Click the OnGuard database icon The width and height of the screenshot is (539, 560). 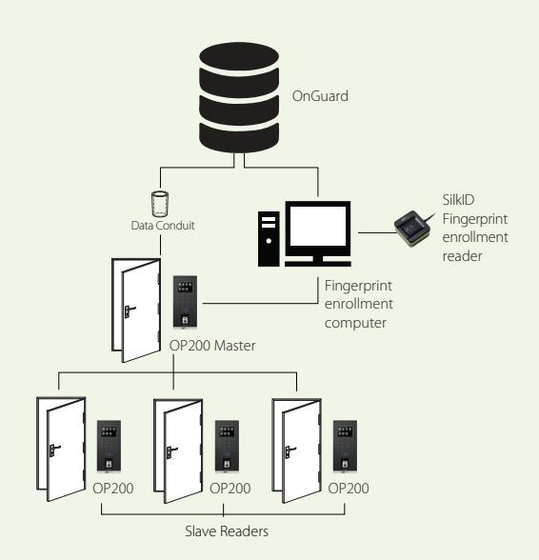click(x=239, y=97)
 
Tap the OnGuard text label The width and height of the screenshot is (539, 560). click(x=320, y=96)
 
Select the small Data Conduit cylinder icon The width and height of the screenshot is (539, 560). click(x=160, y=204)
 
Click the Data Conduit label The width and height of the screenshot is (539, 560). click(x=163, y=226)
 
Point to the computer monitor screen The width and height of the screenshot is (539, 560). click(x=317, y=226)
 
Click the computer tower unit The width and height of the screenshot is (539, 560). click(x=269, y=238)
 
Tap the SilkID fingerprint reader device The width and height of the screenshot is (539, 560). click(x=412, y=229)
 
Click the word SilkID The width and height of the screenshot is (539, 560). click(x=458, y=200)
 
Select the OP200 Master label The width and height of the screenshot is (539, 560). click(x=212, y=346)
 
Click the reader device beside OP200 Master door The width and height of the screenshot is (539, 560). click(x=185, y=301)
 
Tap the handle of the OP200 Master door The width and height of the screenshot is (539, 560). click(x=130, y=311)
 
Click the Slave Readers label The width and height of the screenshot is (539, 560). click(x=227, y=531)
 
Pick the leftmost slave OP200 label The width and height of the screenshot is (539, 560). click(x=113, y=489)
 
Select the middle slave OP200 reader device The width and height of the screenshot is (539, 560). click(x=227, y=446)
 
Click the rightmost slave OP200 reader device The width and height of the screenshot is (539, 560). click(x=345, y=446)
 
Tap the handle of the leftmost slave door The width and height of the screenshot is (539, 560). click(x=54, y=450)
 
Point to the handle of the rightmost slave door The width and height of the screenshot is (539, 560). click(x=289, y=451)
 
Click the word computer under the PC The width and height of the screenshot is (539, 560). click(x=355, y=323)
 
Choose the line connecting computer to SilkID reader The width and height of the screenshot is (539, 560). click(x=377, y=232)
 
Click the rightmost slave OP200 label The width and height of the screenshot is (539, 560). click(x=349, y=489)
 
